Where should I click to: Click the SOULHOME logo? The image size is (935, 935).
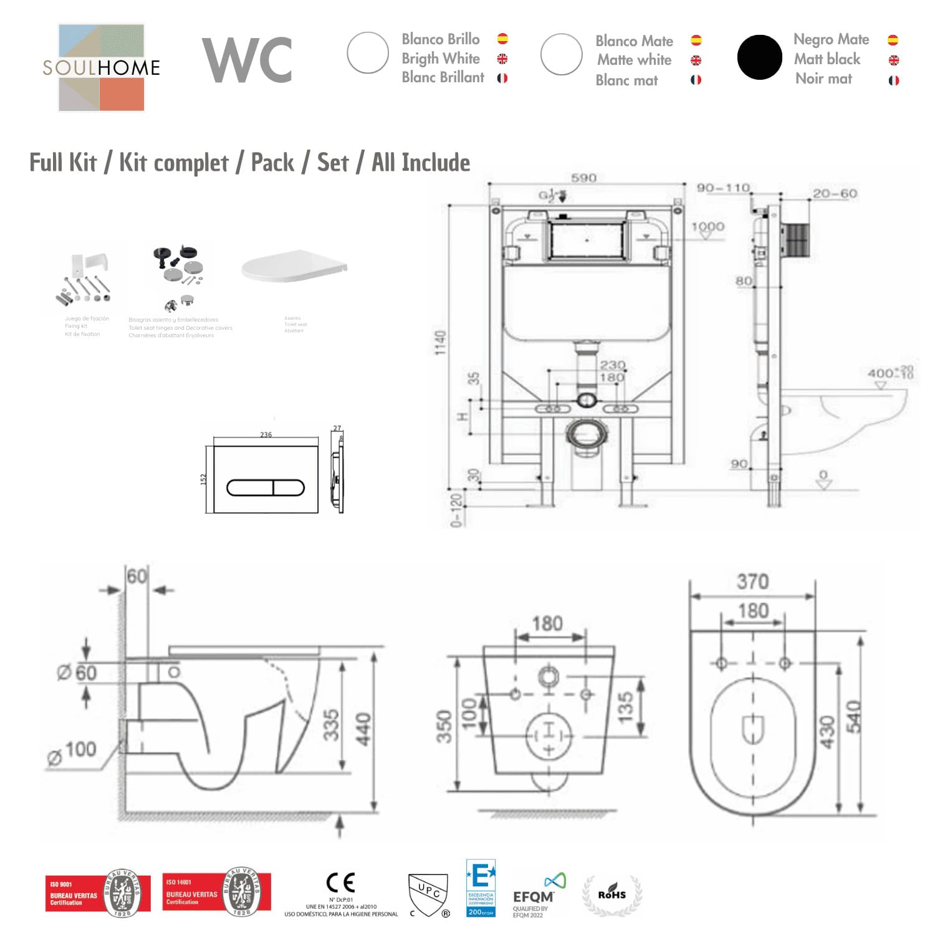pos(101,67)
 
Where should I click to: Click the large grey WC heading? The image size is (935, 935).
pos(247,60)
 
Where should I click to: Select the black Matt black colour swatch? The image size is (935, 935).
pos(759,57)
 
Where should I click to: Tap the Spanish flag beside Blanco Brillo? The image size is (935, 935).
pos(502,39)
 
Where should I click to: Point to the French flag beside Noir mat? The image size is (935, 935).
pos(893,80)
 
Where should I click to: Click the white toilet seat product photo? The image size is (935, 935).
pos(293,267)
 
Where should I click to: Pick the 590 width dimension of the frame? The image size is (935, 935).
pos(583,178)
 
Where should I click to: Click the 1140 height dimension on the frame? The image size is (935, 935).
pos(441,343)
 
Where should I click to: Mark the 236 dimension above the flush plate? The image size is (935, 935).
pos(266,434)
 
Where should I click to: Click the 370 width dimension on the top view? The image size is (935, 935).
pos(752,582)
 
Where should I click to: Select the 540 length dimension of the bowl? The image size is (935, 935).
pos(853,716)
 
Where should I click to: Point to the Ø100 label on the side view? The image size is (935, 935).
pos(74,750)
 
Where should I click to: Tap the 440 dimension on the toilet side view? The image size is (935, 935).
pos(363,729)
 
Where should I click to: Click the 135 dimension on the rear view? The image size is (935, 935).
pos(625,707)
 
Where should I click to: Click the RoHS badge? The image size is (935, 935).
pos(611,895)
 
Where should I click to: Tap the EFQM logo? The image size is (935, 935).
pos(534,895)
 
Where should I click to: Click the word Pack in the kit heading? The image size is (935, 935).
pos(272,163)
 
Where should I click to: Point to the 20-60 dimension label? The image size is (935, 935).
pos(835,194)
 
